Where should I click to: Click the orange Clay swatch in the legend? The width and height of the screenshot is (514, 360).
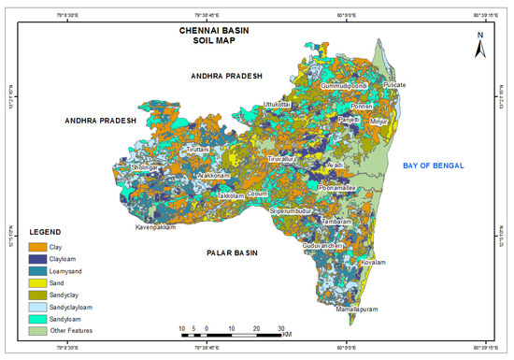point(41,246)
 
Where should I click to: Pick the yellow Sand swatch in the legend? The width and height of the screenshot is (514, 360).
point(41,280)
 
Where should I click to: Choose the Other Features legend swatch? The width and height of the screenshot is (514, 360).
point(41,330)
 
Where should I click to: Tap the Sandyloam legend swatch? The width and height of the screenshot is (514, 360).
point(41,318)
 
